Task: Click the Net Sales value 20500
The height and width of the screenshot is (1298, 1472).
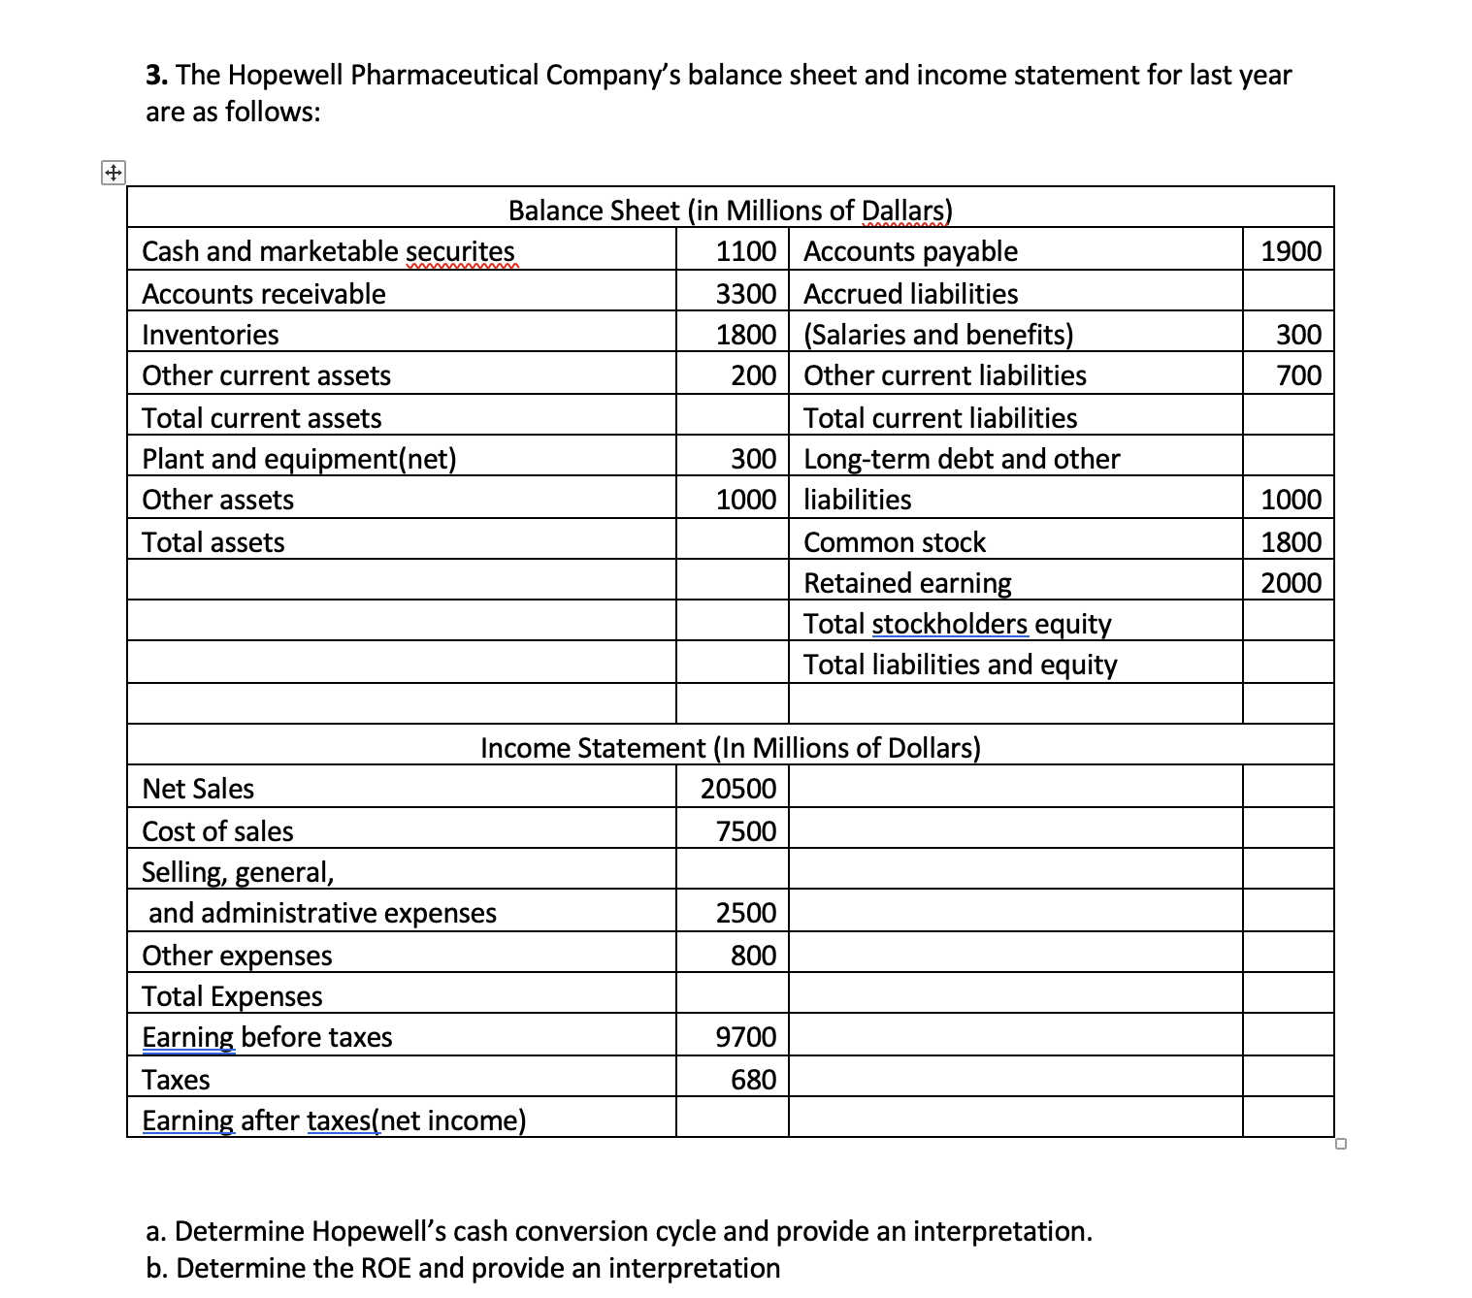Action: [x=738, y=789]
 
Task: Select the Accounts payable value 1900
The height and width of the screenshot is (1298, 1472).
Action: [x=1291, y=251]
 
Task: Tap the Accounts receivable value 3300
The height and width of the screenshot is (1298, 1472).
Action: [x=745, y=294]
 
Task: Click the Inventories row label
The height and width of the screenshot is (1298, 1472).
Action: [x=211, y=335]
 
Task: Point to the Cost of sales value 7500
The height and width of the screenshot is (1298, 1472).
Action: [x=745, y=831]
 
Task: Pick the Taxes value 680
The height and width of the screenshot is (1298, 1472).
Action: [x=753, y=1080]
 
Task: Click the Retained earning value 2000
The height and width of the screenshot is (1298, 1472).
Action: [x=1291, y=583]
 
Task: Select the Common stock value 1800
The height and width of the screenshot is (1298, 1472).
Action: [x=1291, y=542]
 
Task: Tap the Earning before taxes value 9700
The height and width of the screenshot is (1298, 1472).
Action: [x=745, y=1037]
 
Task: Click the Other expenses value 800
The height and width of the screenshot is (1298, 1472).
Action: [x=753, y=956]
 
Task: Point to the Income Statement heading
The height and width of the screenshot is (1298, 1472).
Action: [x=730, y=748]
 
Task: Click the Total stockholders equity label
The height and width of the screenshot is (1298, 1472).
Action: [x=957, y=624]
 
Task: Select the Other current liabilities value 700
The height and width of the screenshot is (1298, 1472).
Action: [x=1298, y=375]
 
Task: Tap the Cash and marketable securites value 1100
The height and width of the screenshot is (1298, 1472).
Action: [x=745, y=251]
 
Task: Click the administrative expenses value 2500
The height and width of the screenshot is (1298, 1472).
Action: [x=745, y=913]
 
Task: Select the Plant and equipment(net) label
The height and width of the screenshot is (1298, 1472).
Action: [x=299, y=459]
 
